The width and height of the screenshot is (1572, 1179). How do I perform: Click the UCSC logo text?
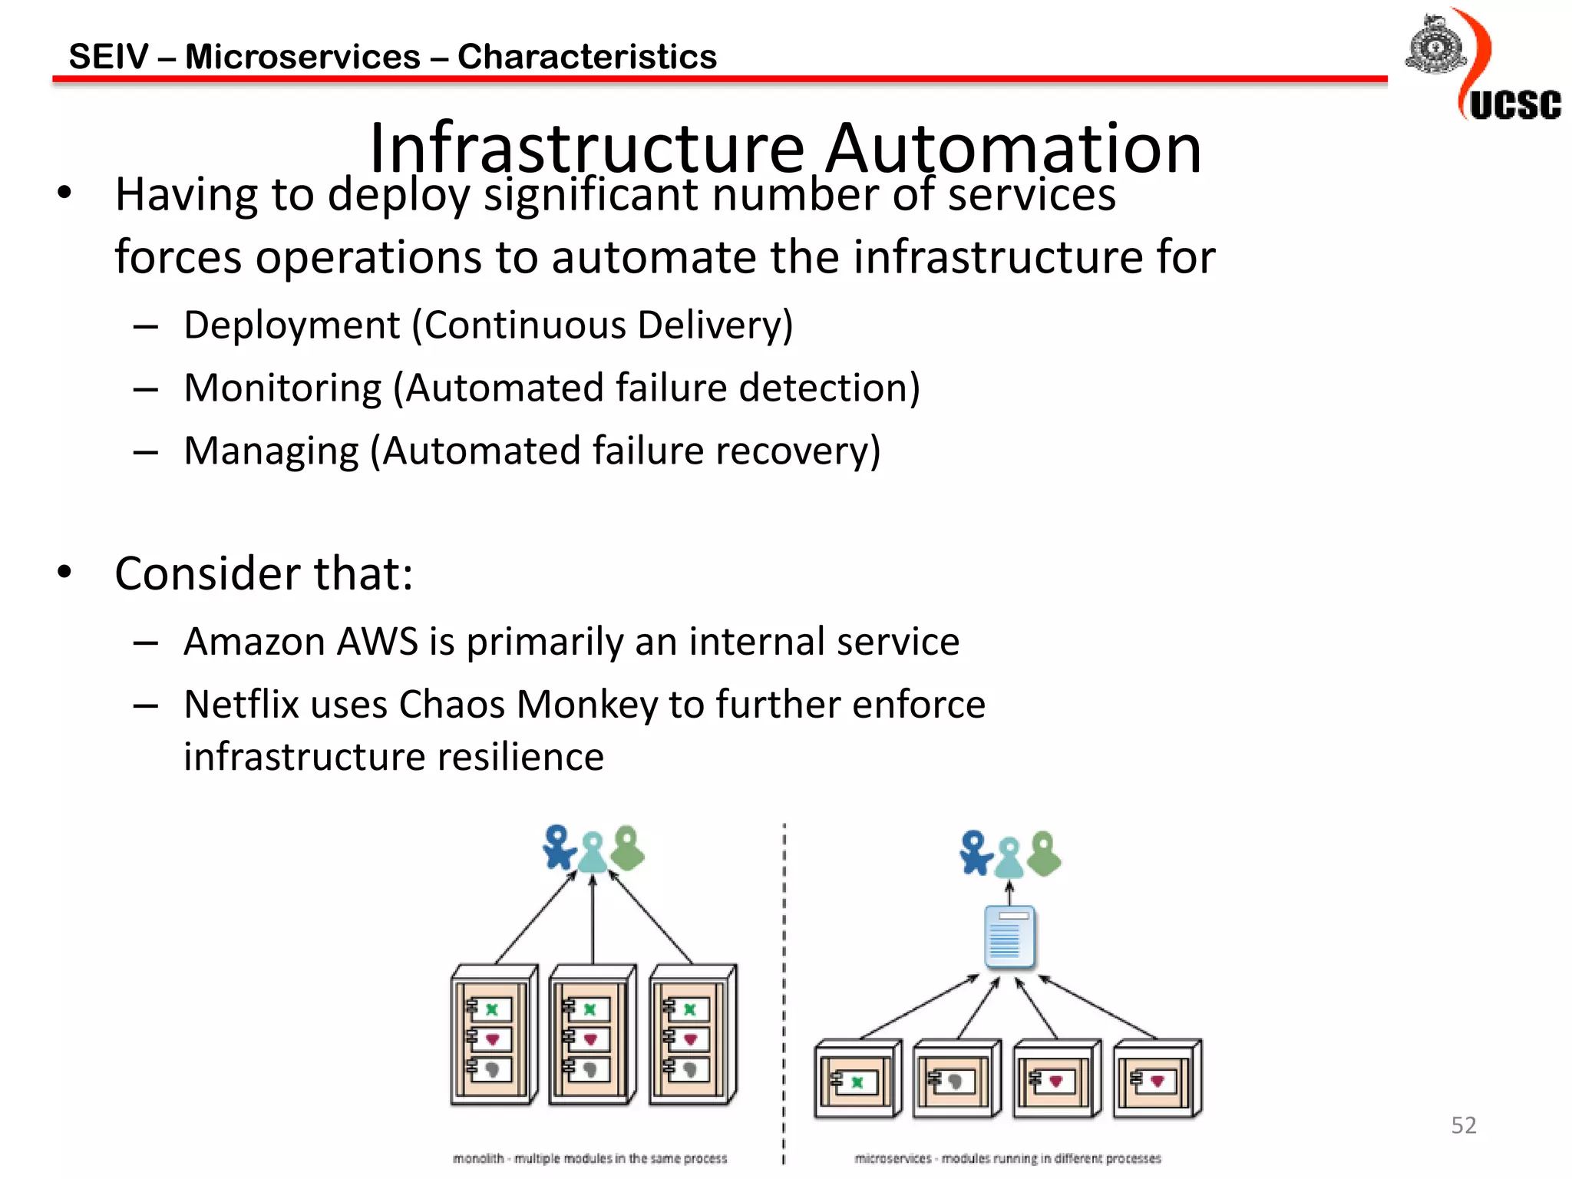(1514, 105)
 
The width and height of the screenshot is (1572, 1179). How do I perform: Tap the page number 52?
(1463, 1125)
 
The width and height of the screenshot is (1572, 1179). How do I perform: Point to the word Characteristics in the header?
(587, 57)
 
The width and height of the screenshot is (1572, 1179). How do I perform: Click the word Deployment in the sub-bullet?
(292, 325)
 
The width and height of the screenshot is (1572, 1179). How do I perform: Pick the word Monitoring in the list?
(282, 388)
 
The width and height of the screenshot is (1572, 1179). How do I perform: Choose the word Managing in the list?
(271, 451)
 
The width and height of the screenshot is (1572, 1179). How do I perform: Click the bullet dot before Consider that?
(64, 572)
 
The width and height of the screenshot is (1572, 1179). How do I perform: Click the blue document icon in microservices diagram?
(1009, 936)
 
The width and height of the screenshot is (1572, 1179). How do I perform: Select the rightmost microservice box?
(1158, 1078)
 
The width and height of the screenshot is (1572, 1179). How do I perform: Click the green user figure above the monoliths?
(629, 848)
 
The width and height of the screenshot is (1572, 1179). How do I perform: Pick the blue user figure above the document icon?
(975, 853)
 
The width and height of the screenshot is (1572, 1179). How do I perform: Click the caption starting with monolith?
(589, 1158)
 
